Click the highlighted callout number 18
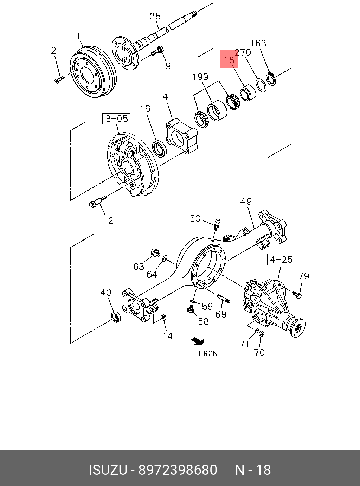coord(229,59)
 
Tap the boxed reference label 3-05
coord(116,119)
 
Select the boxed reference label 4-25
coord(281,260)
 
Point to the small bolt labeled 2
coord(59,79)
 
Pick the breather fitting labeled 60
coord(217,223)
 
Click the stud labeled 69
coord(224,299)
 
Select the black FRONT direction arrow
coord(198,341)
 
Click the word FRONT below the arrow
coord(210,353)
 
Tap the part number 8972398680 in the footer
coord(178,470)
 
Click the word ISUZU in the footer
coord(108,470)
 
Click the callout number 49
coord(246,202)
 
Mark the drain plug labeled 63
coord(155,252)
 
